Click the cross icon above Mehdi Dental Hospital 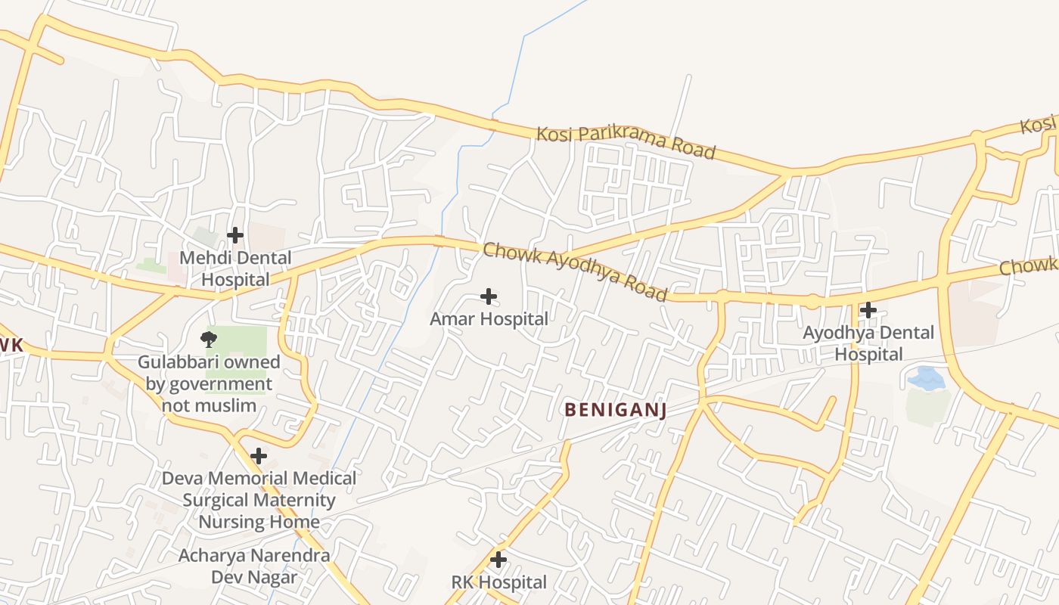235,235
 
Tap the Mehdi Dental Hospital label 235,268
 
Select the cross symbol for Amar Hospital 489,296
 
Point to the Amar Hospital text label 489,319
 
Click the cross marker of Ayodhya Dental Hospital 868,309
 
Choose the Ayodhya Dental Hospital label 868,343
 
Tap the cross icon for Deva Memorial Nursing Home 259,456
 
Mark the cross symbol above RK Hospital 498,560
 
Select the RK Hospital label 498,582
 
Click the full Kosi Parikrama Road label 626,143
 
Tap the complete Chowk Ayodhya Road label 575,271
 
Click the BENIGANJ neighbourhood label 615,410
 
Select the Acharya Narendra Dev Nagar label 254,566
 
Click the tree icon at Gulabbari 208,338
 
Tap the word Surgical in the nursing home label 215,500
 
